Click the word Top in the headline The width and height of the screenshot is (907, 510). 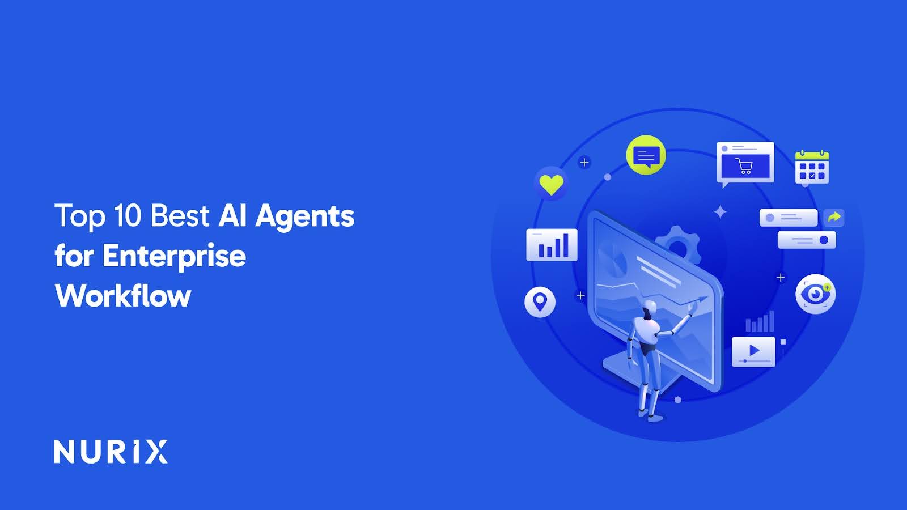tap(80, 216)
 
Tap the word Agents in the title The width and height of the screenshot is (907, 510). tap(304, 217)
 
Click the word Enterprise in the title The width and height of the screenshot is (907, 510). tap(174, 256)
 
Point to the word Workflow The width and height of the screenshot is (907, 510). tap(123, 296)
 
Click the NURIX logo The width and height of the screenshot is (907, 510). tap(111, 452)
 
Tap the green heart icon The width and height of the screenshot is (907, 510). tap(550, 184)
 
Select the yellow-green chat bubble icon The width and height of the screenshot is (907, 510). tap(646, 155)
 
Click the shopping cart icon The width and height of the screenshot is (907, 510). tap(744, 166)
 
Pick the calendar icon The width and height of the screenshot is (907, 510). tap(812, 168)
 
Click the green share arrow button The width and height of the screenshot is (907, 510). tap(833, 217)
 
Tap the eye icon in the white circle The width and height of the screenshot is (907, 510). tap(815, 294)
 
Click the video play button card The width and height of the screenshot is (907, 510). tap(753, 351)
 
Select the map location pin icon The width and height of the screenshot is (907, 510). tap(540, 301)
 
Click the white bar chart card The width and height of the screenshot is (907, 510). tap(552, 245)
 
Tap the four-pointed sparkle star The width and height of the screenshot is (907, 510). tap(720, 212)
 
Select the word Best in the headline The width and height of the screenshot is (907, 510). tap(180, 216)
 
